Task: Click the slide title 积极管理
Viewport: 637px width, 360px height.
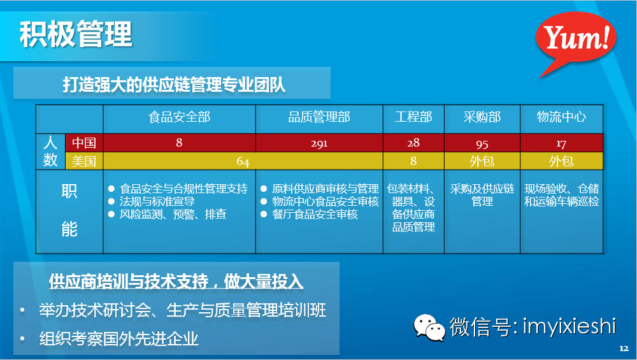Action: tap(76, 34)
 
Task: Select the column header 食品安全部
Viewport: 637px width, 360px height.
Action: tap(179, 117)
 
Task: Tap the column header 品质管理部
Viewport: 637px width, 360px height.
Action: tap(319, 117)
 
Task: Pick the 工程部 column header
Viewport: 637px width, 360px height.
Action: tap(413, 117)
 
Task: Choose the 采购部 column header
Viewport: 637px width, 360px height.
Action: tap(482, 117)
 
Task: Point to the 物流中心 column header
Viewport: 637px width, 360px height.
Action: tap(561, 117)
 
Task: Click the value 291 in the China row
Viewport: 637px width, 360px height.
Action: tap(319, 143)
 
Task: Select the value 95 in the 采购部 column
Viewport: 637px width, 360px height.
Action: tap(482, 143)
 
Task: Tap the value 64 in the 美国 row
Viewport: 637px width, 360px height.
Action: tap(243, 161)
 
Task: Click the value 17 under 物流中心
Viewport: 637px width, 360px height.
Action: tap(561, 143)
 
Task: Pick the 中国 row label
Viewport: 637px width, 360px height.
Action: tap(83, 142)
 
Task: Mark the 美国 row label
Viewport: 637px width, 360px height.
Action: tap(83, 161)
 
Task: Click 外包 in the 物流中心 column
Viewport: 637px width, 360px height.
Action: tap(561, 161)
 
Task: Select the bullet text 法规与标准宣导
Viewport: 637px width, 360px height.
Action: tap(157, 201)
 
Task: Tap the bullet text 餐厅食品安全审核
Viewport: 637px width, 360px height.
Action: tap(315, 214)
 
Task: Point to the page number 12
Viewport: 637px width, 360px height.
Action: tap(624, 349)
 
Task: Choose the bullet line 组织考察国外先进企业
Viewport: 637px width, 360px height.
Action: tap(118, 338)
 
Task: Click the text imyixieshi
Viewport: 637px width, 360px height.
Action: tap(569, 327)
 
